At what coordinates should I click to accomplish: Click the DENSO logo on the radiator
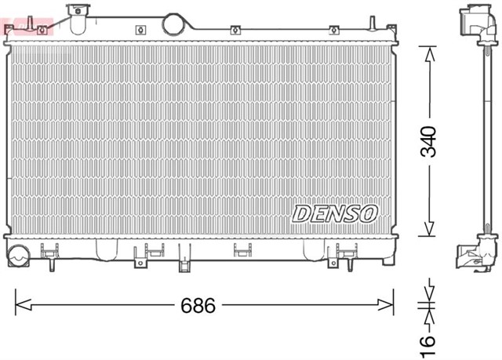coord(335,213)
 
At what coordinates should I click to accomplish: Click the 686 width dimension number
coord(199,305)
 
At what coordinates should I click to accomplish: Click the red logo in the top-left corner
coord(26,28)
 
